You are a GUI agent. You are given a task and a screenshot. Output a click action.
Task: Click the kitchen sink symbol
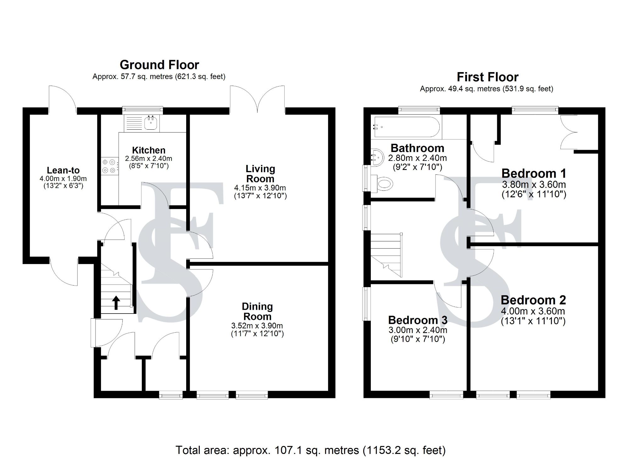tap(151, 123)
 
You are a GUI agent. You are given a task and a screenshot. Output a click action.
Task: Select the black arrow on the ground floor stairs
tap(116, 303)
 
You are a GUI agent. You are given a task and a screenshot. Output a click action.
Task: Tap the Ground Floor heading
tap(159, 65)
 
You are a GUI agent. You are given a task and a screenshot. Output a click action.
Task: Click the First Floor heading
tap(487, 77)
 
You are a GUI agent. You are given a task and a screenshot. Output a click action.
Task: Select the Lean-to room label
tap(63, 170)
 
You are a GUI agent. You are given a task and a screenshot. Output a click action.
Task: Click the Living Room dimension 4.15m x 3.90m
tap(260, 188)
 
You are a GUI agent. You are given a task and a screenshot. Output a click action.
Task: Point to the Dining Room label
tap(257, 311)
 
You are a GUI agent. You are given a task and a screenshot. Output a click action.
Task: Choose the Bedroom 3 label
tap(417, 320)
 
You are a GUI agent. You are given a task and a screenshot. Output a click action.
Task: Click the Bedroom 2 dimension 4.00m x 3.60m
tap(533, 311)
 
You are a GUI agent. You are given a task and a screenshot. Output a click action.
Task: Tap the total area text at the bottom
tap(310, 450)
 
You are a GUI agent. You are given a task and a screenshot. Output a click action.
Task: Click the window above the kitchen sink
tap(142, 110)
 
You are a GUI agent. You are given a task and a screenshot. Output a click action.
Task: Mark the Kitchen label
tap(148, 150)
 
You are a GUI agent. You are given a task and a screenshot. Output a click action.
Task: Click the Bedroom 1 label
tap(533, 173)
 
